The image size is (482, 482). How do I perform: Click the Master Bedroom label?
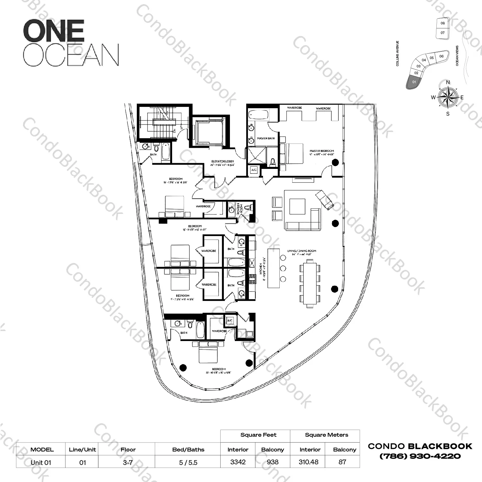click(x=321, y=151)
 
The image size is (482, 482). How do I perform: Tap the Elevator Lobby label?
click(x=222, y=161)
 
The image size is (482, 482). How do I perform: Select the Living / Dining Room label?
click(x=302, y=251)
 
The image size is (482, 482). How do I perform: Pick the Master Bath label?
click(x=266, y=138)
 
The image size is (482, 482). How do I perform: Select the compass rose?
click(x=448, y=97)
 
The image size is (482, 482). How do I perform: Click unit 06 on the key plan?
click(x=442, y=56)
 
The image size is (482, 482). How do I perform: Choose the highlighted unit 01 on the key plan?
click(x=414, y=82)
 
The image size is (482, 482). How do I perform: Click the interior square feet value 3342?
click(x=238, y=462)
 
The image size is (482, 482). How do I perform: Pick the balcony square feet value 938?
click(x=272, y=462)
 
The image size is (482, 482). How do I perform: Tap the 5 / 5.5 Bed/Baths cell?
click(x=188, y=462)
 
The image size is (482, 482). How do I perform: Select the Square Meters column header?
click(x=326, y=435)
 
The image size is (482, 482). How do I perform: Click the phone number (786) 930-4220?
click(x=420, y=456)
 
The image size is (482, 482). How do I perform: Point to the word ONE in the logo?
click(x=54, y=31)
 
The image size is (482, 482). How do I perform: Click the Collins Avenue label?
click(x=398, y=53)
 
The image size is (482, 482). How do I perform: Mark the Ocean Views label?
click(x=457, y=56)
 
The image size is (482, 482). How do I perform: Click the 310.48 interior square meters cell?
click(x=309, y=462)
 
